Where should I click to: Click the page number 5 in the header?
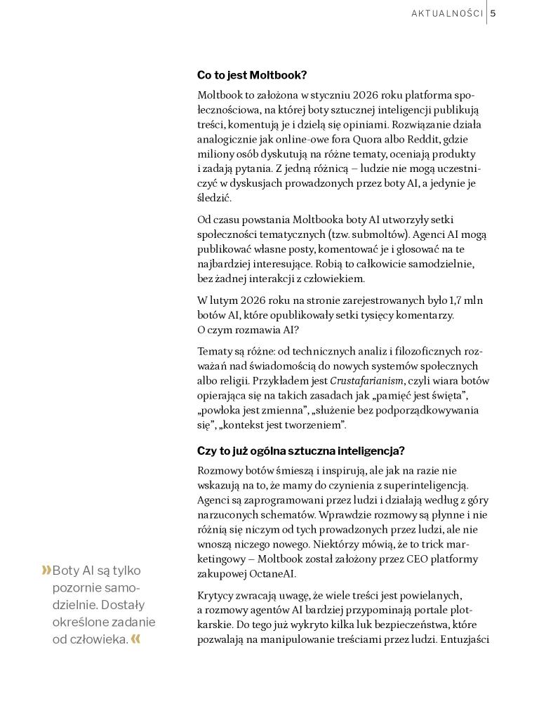click(x=493, y=13)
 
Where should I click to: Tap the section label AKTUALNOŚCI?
click(x=446, y=13)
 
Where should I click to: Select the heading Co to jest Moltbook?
click(x=252, y=75)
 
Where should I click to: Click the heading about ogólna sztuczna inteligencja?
click(x=301, y=451)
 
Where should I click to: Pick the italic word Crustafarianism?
click(x=367, y=381)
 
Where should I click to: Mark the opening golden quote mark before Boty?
click(x=46, y=571)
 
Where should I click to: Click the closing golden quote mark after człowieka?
click(x=136, y=639)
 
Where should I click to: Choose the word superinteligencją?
click(x=425, y=485)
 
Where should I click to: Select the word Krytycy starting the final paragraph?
click(x=216, y=595)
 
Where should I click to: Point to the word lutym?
click(x=225, y=300)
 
